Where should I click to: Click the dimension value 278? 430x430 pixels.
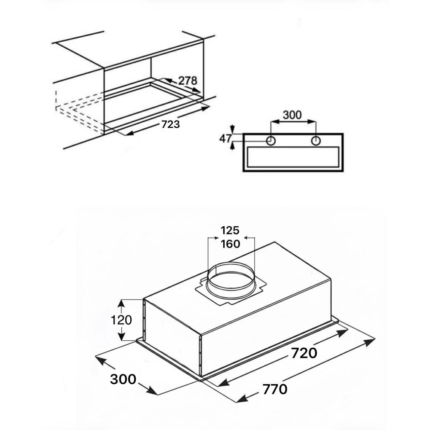click(188, 81)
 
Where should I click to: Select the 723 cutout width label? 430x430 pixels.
click(170, 124)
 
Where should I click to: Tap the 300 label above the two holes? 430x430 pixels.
click(292, 115)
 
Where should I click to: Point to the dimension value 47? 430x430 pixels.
click(226, 139)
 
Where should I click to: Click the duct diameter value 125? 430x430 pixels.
click(230, 230)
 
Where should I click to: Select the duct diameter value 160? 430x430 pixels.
click(230, 244)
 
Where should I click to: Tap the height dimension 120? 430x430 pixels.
click(121, 320)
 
